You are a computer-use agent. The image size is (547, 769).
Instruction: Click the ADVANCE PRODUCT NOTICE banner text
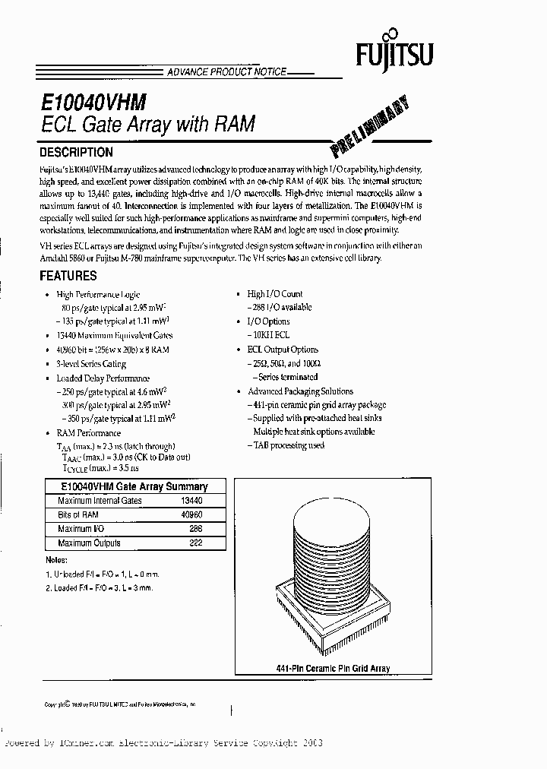[226, 71]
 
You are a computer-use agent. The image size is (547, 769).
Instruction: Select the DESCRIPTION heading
[76, 152]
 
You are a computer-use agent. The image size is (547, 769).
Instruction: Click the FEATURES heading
[68, 276]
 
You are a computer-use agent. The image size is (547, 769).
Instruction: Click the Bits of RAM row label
[78, 515]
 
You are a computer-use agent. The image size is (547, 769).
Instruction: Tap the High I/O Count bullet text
[275, 294]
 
